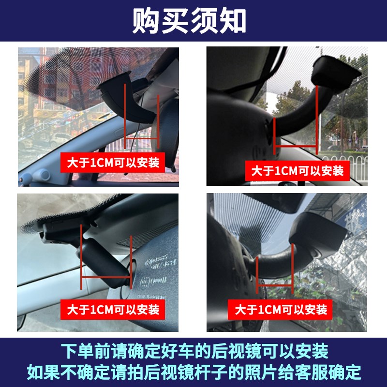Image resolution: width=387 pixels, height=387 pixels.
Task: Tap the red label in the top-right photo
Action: click(x=298, y=171)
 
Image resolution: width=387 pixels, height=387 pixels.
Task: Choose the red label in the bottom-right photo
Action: click(x=281, y=309)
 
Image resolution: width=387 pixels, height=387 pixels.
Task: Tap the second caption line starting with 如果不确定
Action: click(x=193, y=372)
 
